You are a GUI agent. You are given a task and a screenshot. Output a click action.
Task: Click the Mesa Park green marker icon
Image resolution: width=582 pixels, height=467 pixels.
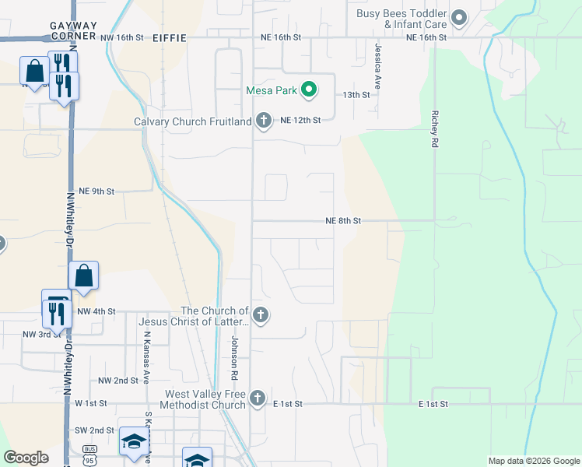[x=309, y=90]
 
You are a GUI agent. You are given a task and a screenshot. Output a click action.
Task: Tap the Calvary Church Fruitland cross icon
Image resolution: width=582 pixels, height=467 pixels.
[x=264, y=121]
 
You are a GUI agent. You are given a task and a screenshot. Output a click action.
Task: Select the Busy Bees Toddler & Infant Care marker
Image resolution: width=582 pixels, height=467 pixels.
[x=459, y=17]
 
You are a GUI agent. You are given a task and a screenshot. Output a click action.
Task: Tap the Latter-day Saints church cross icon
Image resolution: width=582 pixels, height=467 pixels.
[x=261, y=315]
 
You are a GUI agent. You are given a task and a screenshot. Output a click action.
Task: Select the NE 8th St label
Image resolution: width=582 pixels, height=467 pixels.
[x=343, y=221]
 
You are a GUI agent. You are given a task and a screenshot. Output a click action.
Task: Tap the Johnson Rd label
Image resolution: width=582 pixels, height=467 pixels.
[x=233, y=358]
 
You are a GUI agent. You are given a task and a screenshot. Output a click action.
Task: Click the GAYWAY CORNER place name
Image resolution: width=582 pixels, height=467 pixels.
[x=73, y=30]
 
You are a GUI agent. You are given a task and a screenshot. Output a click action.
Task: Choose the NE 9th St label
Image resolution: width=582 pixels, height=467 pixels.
[x=96, y=191]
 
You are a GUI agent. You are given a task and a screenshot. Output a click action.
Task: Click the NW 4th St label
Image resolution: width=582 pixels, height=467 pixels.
[x=96, y=311]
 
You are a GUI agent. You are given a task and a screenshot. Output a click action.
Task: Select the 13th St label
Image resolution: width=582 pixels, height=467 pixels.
[x=356, y=94]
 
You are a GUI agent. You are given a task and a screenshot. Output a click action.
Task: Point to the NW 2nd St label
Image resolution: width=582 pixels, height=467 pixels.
[x=117, y=381]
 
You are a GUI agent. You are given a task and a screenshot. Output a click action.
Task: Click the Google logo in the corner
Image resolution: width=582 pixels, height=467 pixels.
[x=26, y=458]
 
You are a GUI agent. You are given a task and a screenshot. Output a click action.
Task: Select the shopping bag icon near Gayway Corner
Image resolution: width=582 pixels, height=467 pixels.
[x=35, y=72]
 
